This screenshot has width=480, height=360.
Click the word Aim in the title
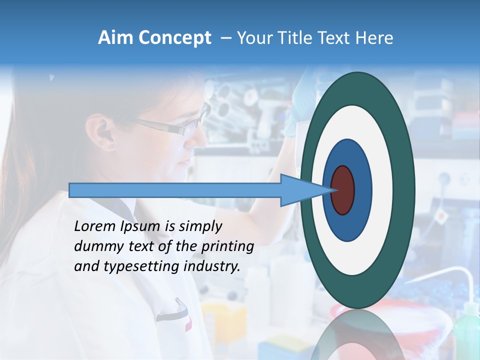pyautogui.click(x=116, y=38)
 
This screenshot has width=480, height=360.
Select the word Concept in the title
pyautogui.click(x=174, y=38)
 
